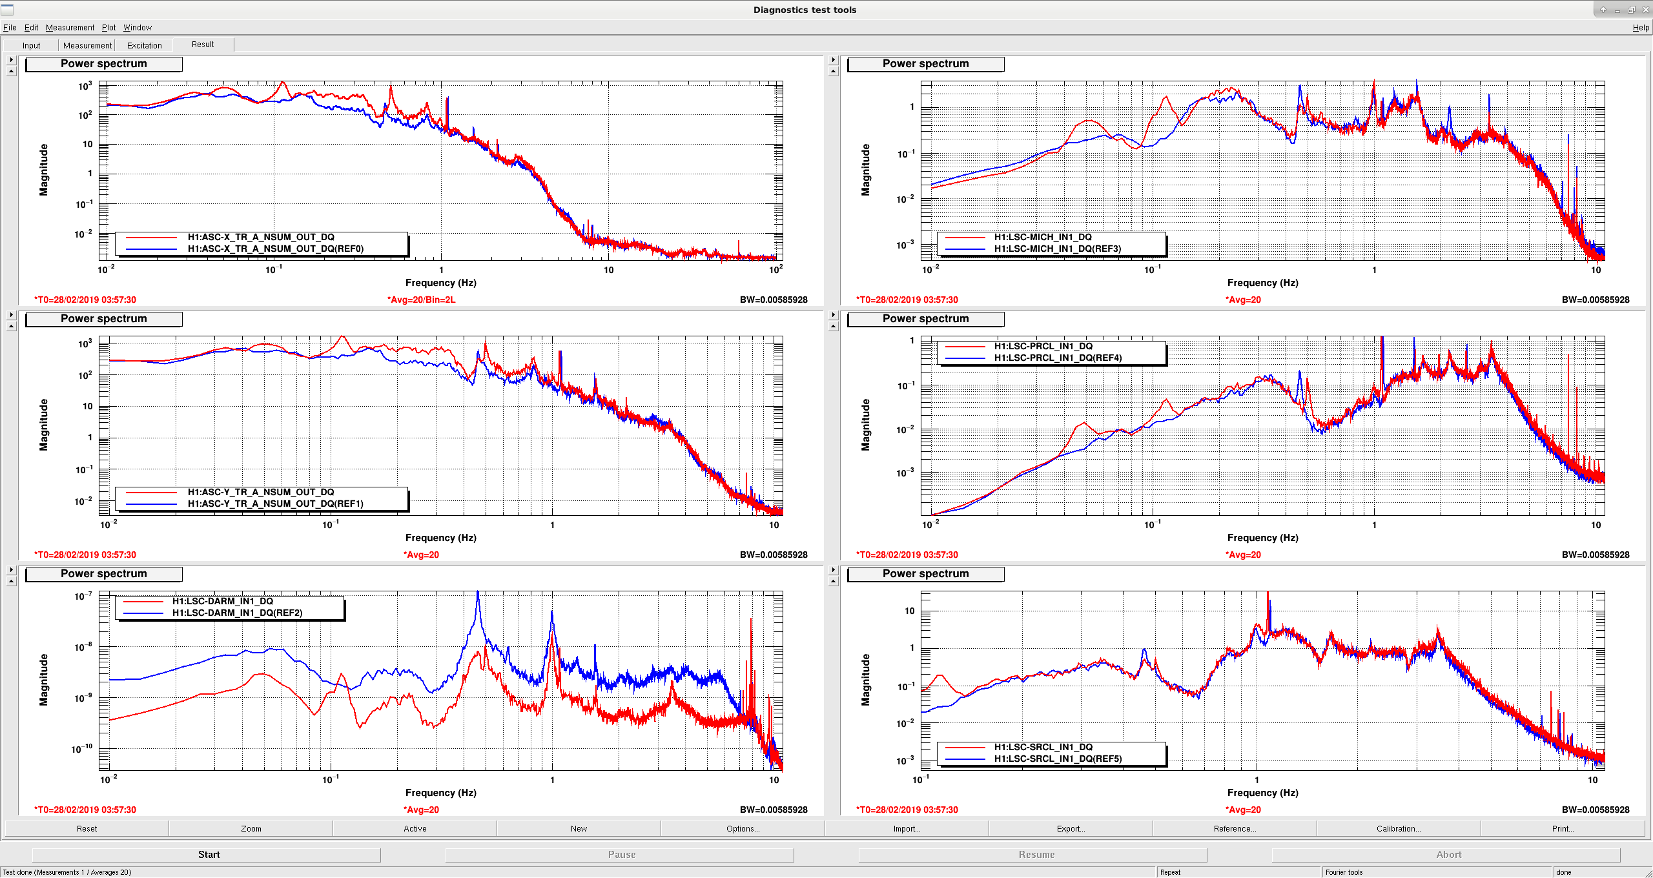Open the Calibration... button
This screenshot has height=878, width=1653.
[x=1399, y=829]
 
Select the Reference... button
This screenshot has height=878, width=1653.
[x=1235, y=829]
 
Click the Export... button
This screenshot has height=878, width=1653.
[x=1071, y=829]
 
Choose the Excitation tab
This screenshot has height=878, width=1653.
[x=145, y=45]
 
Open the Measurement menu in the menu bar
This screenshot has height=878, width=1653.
[x=70, y=28]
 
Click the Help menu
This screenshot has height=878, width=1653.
[x=1641, y=28]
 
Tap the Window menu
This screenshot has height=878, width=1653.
[x=138, y=28]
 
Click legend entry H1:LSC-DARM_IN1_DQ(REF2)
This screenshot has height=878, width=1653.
[x=237, y=613]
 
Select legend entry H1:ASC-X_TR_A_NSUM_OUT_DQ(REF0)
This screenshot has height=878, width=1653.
[x=276, y=249]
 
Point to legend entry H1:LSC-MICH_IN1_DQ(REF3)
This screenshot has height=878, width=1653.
[x=1058, y=249]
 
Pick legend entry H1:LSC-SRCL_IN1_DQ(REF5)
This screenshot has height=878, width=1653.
[x=1058, y=759]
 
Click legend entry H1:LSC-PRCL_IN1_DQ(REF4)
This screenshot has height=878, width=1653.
[x=1058, y=358]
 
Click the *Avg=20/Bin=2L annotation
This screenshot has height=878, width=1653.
[x=421, y=300]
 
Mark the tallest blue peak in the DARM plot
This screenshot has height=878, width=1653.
[x=478, y=593]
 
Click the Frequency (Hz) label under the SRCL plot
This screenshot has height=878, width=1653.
[x=1262, y=793]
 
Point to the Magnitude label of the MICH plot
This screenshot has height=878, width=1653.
[x=865, y=170]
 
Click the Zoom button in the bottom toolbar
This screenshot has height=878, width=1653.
[x=251, y=829]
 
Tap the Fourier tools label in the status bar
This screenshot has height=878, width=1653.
[x=1344, y=872]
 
